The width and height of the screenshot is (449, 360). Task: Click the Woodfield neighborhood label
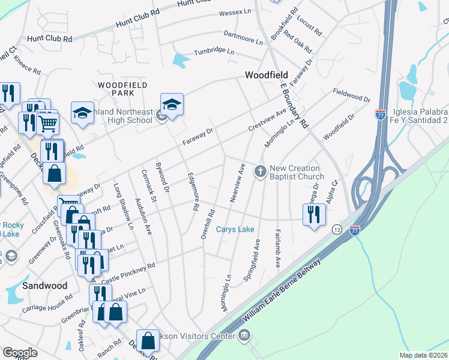pos(266,76)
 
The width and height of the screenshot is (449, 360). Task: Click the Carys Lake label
pos(235,229)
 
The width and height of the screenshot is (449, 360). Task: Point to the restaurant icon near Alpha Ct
pos(313,215)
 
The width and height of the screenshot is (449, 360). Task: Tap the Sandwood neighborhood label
pos(44,286)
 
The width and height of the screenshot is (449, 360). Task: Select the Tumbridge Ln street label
pos(213,52)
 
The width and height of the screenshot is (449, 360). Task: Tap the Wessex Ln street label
pos(235,11)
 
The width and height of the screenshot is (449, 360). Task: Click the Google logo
pos(20,353)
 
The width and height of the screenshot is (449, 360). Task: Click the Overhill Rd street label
pos(208,224)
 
